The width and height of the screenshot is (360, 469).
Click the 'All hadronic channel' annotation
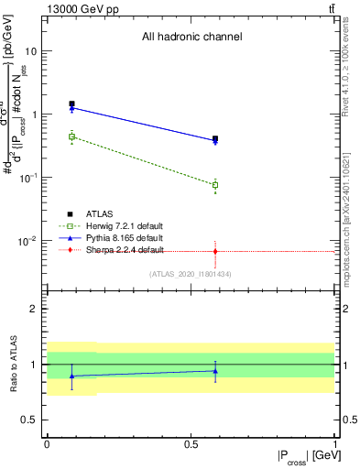tap(191, 38)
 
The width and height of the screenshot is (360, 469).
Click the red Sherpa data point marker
tap(215, 251)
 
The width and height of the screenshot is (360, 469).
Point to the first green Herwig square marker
tap(71, 136)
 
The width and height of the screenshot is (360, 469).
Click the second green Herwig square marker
tap(215, 185)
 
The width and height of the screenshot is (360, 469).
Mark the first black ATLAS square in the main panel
tap(71, 104)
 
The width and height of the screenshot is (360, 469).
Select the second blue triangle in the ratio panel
tap(215, 371)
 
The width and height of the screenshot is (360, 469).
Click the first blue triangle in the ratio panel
tap(71, 376)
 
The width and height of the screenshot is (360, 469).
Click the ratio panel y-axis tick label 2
tap(35, 309)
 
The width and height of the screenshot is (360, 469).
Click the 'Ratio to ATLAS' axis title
tap(13, 365)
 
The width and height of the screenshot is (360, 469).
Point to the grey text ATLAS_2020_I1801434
tap(191, 274)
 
